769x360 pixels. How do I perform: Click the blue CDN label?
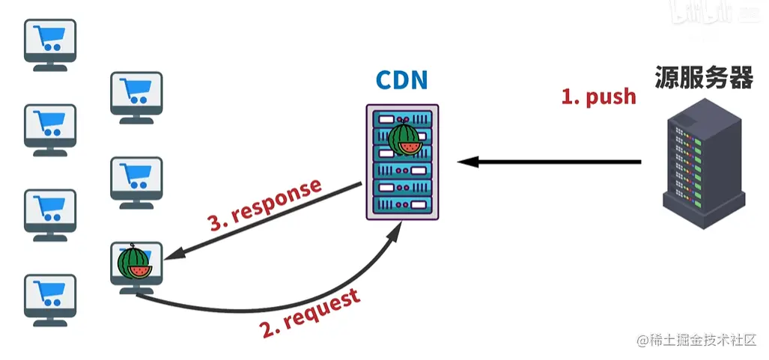402,81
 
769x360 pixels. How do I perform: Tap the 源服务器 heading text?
704,76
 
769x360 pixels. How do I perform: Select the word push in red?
611,97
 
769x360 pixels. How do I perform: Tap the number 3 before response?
216,222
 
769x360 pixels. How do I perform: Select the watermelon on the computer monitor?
134,263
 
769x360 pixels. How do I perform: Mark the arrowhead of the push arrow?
465,162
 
